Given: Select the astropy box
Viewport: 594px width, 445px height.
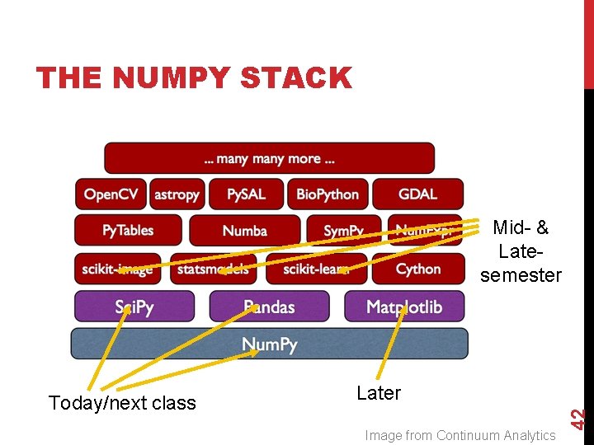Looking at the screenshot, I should (177, 194).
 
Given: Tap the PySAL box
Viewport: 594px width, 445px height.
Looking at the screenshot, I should (246, 194).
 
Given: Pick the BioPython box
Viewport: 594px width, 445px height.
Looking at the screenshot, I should (328, 194).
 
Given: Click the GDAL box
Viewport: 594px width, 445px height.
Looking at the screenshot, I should (417, 194).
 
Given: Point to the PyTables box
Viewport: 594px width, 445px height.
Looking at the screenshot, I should (128, 230).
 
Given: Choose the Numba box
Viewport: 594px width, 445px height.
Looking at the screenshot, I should (244, 231).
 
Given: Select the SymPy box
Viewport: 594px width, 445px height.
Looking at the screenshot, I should (343, 231).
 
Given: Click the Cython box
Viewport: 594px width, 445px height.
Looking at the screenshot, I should (418, 269).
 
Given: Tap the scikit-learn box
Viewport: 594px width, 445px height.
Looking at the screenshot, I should (316, 269).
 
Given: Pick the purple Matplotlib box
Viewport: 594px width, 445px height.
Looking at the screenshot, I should (404, 307).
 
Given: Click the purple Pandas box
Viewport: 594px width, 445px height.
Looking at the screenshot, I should (269, 307).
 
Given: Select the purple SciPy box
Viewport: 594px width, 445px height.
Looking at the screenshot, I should (134, 307).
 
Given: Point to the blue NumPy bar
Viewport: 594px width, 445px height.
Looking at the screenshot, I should (269, 344).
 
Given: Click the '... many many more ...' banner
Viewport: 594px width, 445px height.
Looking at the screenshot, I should (269, 158).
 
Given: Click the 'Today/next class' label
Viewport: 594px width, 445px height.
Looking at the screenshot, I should (122, 403).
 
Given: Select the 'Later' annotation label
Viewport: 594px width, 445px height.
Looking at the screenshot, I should (379, 393).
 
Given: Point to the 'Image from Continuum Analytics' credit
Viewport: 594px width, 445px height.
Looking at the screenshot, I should (460, 435).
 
